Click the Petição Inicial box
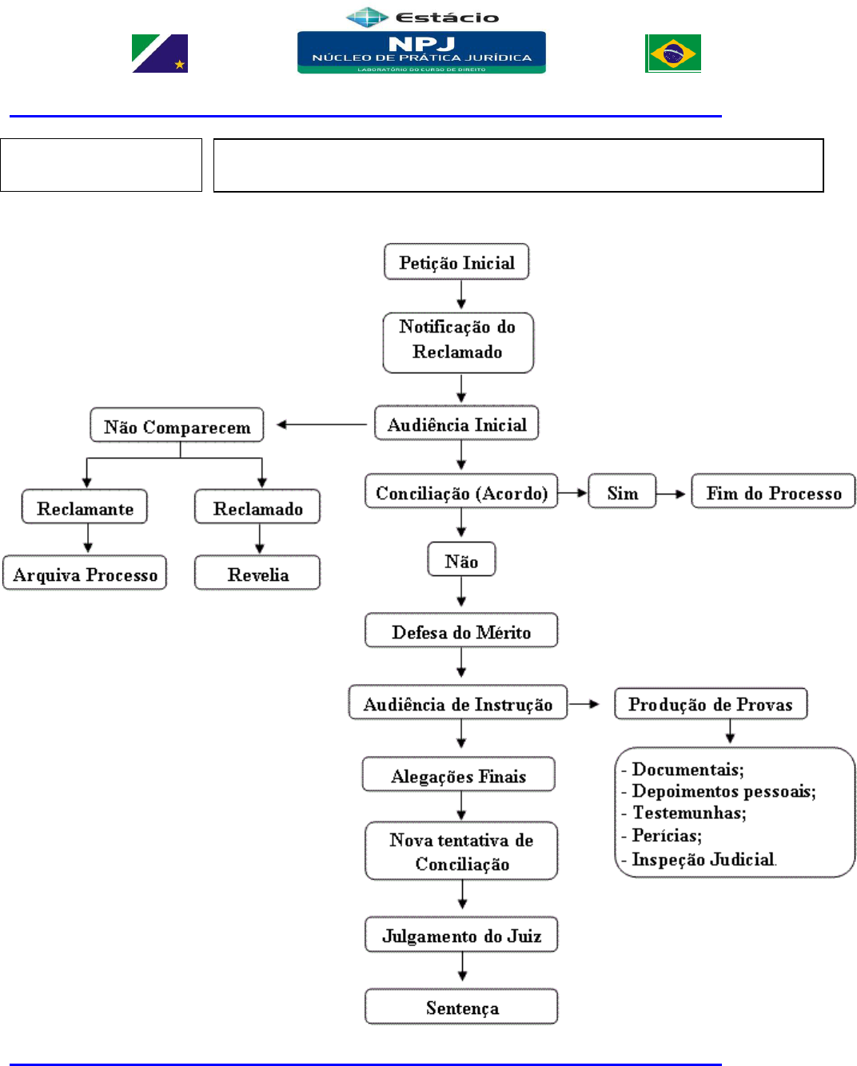456,261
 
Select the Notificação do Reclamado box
458,342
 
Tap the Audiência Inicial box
456,424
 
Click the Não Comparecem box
177,425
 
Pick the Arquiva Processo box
85,573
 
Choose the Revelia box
257,573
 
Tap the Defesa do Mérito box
461,630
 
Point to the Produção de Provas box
710,703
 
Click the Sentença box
461,1006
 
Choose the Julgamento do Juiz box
461,934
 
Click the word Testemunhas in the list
689,813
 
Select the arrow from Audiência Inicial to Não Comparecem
321,424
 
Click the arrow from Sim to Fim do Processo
671,493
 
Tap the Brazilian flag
672,54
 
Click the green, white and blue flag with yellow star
160,54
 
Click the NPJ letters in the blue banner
421,44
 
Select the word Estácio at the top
447,18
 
